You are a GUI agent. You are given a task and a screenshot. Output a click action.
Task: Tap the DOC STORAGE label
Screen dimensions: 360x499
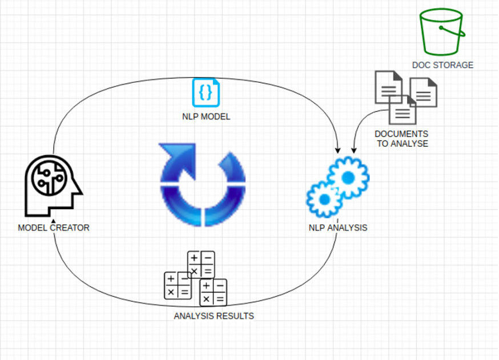[x=442, y=65]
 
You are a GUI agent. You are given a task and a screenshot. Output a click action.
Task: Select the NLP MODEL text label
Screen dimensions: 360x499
[x=206, y=117]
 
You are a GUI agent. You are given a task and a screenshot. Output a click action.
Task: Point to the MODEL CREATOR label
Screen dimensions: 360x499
[x=54, y=227]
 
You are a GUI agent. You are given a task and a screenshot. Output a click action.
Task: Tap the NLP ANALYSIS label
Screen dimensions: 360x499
[x=337, y=227]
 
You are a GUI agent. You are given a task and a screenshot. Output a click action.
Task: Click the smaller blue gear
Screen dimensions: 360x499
[x=324, y=199]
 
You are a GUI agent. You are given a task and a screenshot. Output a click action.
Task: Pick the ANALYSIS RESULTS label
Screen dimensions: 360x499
[x=214, y=315]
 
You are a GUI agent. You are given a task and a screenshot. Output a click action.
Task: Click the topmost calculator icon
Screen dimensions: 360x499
[x=201, y=264]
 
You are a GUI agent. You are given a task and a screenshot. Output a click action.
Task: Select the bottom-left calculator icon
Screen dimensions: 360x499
[x=178, y=285]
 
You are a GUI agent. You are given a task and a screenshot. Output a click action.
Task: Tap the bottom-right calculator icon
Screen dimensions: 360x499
[x=213, y=292]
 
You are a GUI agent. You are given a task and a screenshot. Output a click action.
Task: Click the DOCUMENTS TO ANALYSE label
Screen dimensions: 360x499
[x=402, y=139]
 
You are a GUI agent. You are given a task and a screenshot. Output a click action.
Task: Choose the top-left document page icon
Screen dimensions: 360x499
[x=388, y=87]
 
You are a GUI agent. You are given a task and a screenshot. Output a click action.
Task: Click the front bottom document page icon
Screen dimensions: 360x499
[x=403, y=110]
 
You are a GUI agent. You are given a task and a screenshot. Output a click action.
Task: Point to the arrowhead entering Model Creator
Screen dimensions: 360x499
[x=53, y=222]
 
